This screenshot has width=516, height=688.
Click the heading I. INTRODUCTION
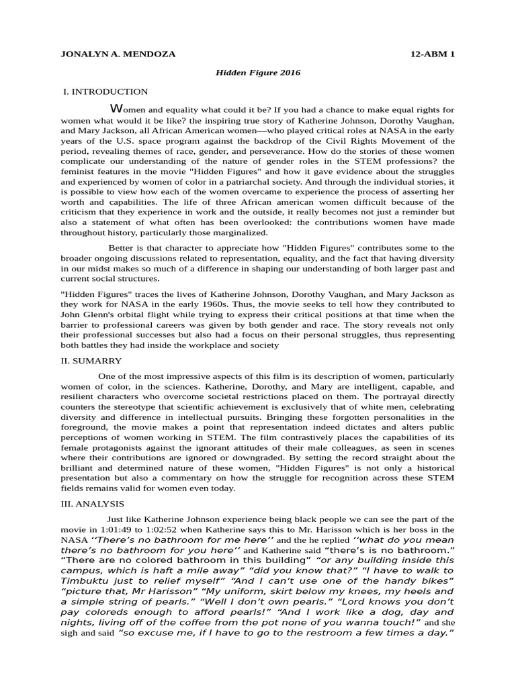(x=105, y=91)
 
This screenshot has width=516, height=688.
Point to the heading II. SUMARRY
(x=91, y=361)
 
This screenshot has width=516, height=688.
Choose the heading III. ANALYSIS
(x=93, y=503)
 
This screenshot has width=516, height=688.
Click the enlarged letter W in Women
(x=116, y=109)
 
